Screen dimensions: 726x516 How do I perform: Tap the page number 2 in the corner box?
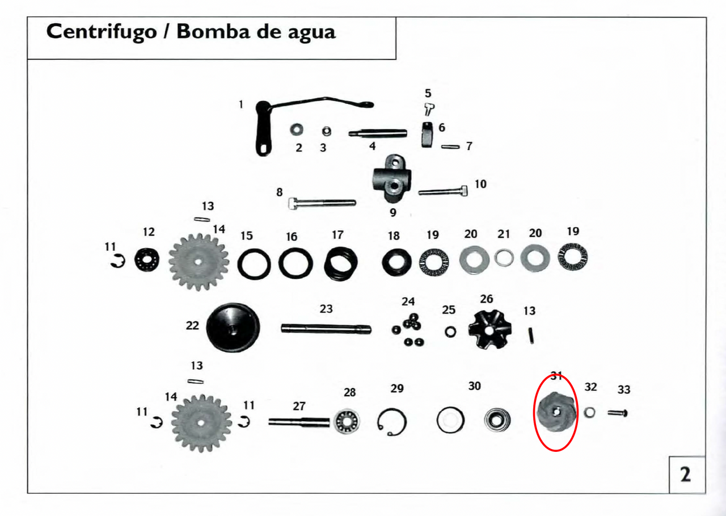[685, 475]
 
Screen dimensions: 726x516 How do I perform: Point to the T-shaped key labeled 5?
[429, 110]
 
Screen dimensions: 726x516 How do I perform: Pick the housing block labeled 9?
[392, 178]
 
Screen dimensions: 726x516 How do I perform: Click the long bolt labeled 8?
[322, 203]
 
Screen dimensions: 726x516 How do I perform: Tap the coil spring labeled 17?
[341, 263]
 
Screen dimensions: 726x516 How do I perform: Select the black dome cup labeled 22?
[233, 327]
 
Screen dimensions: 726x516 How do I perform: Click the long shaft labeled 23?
[326, 329]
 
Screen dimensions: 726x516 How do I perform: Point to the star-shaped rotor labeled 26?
[489, 329]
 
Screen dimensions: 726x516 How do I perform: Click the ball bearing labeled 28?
[347, 421]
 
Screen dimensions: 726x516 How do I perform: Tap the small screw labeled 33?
[618, 413]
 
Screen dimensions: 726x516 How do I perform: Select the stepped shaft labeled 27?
[299, 422]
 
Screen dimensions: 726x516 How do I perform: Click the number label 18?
[394, 236]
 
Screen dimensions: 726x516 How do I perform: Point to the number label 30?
[475, 386]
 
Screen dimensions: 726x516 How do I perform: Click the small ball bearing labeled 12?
[147, 259]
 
